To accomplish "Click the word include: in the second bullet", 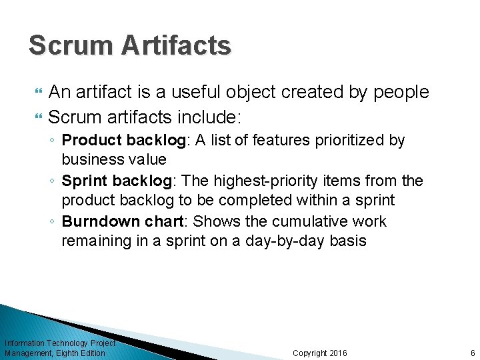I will coord(209,117).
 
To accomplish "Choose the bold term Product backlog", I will coord(125,141).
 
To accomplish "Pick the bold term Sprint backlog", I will coord(119,181).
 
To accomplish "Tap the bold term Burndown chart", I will coord(123,221).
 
